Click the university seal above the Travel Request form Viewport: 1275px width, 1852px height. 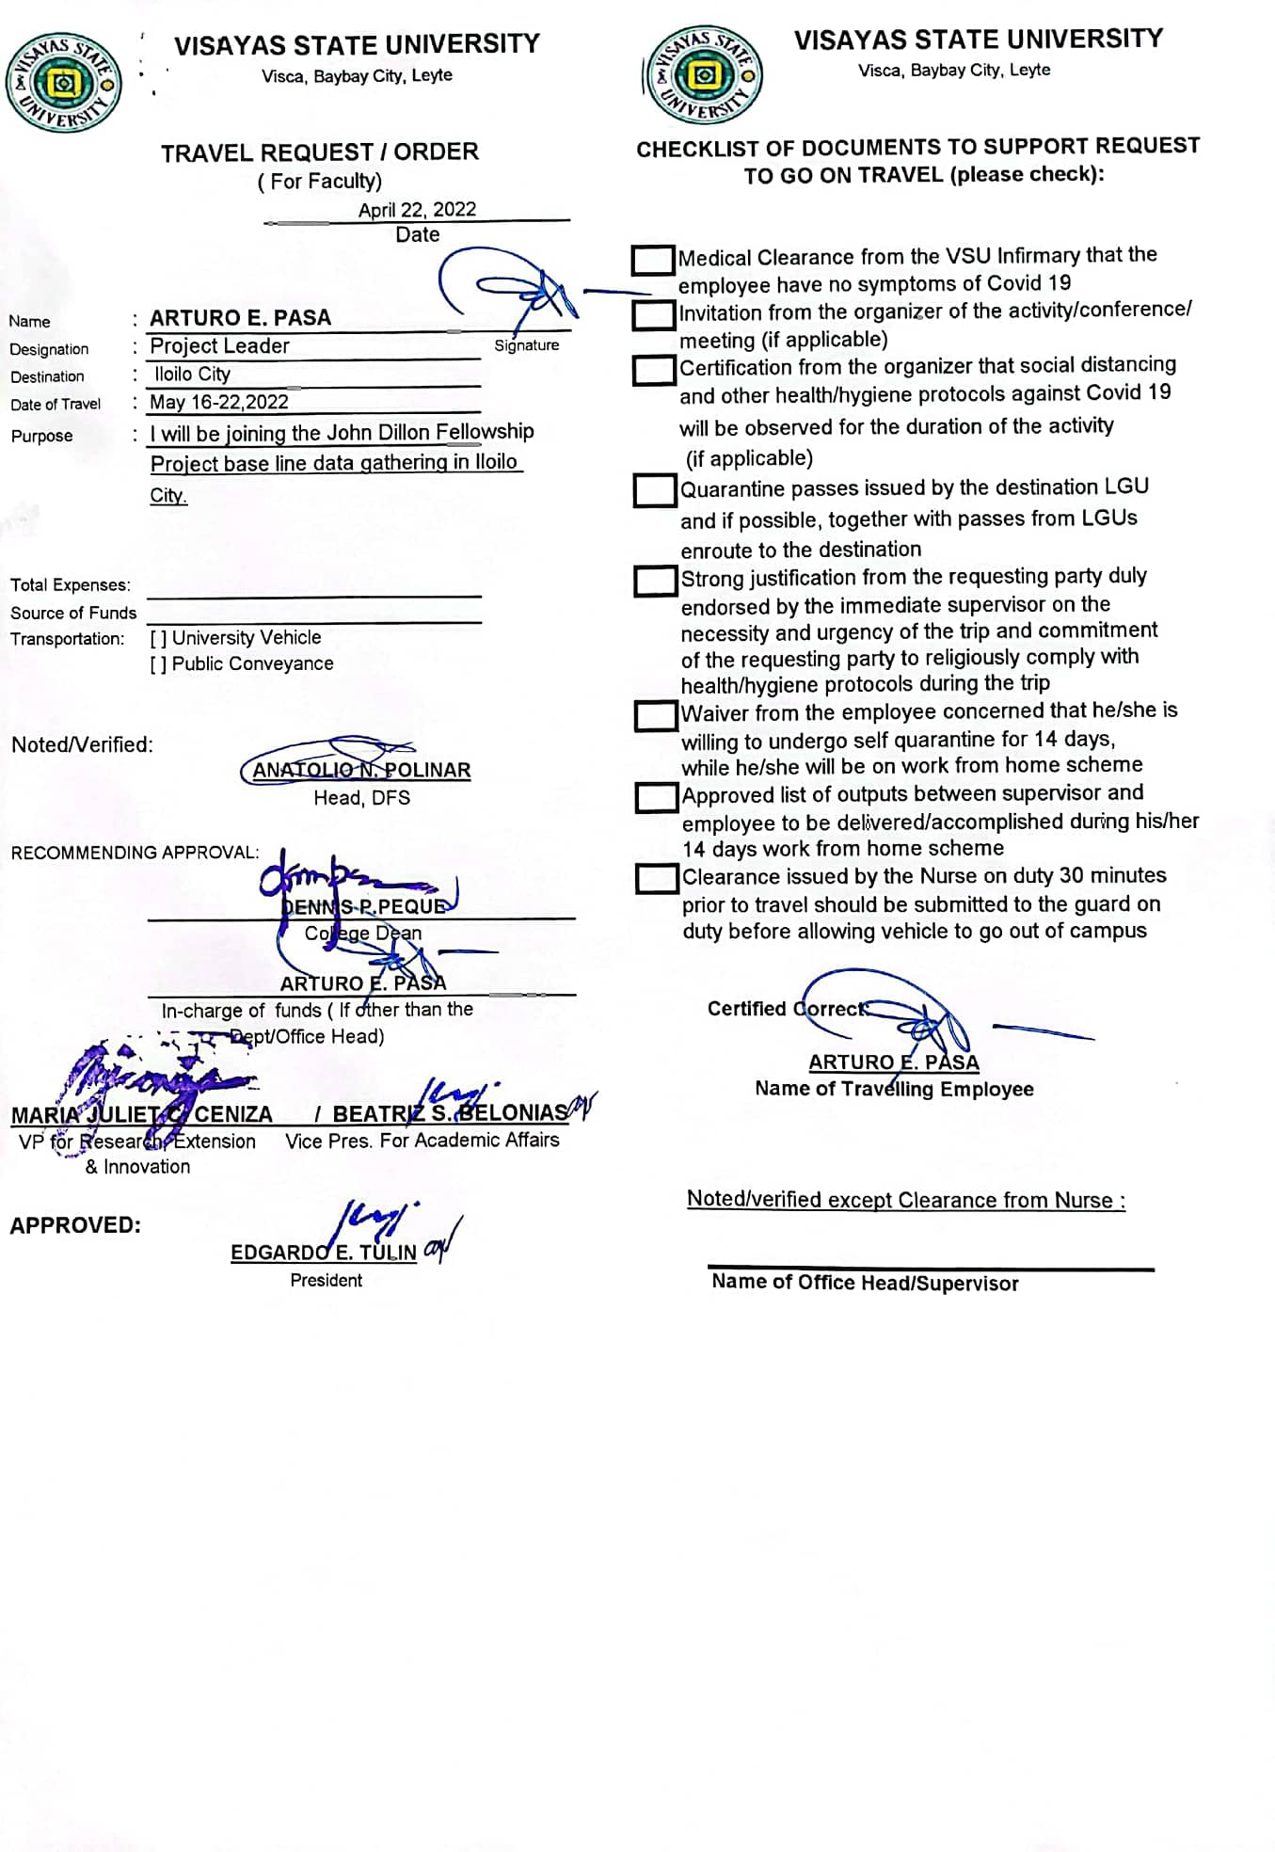64,83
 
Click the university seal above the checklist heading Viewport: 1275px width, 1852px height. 703,74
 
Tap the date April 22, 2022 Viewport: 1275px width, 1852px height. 417,210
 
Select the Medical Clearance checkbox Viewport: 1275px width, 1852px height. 653,260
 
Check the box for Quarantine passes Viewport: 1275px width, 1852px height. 656,490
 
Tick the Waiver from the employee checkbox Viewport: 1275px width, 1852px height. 656,715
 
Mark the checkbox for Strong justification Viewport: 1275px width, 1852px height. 656,581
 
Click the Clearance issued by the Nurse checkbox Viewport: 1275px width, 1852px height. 657,878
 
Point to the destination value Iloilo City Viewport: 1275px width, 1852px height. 192,374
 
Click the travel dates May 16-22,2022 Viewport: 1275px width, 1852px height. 219,402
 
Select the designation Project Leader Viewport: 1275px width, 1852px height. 219,345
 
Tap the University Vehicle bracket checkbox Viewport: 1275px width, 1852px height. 158,638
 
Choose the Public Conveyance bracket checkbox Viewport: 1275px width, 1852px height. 158,664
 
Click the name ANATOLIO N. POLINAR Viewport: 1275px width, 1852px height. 361,770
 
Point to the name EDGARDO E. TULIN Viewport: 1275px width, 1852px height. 324,1253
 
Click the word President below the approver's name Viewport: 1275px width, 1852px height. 326,1280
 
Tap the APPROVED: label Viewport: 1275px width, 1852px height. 75,1225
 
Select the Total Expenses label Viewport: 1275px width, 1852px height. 71,584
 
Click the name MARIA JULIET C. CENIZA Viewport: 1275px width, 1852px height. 142,1115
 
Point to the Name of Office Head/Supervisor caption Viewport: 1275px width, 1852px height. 865,1283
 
